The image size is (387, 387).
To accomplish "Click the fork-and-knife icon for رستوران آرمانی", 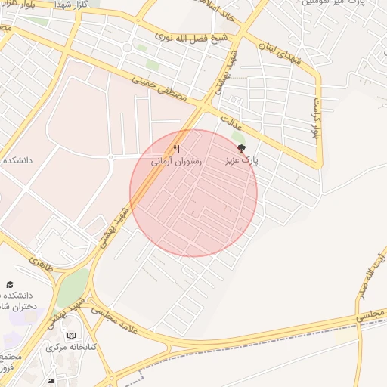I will pyautogui.click(x=176, y=149).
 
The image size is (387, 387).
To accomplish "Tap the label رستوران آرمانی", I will pyautogui.click(x=176, y=162).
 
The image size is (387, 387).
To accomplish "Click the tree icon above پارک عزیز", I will pyautogui.click(x=241, y=149).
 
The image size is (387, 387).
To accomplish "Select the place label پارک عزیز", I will pyautogui.click(x=242, y=162).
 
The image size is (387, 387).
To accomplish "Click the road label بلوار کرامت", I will pyautogui.click(x=316, y=118).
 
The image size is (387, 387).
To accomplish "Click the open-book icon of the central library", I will pyautogui.click(x=72, y=335).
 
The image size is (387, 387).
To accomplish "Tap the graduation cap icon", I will pyautogui.click(x=10, y=284).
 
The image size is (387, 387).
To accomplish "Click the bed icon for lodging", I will pyautogui.click(x=51, y=382).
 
